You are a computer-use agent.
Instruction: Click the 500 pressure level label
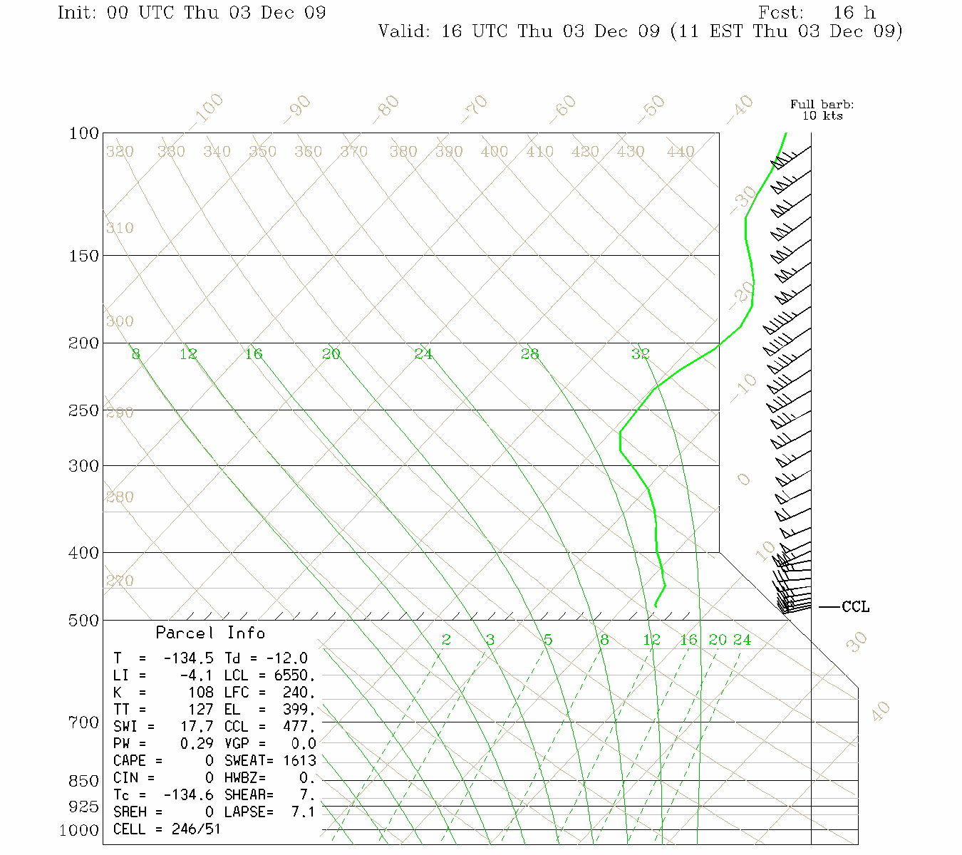pyautogui.click(x=83, y=621)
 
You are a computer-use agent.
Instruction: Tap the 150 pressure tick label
pyautogui.click(x=83, y=255)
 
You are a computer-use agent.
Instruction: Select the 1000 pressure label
pyautogui.click(x=79, y=831)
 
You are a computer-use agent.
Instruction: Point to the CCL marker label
pyautogui.click(x=855, y=607)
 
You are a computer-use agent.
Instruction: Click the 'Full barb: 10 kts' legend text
pyautogui.click(x=822, y=110)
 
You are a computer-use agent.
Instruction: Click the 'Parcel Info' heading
pyautogui.click(x=210, y=633)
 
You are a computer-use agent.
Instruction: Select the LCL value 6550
pyautogui.click(x=294, y=675)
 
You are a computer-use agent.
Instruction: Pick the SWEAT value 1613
pyautogui.click(x=299, y=761)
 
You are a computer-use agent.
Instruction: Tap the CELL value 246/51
pyautogui.click(x=196, y=829)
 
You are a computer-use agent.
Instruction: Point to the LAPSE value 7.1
pyautogui.click(x=303, y=812)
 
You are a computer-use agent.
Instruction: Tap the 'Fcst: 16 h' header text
pyautogui.click(x=817, y=13)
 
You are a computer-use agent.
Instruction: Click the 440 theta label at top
pyautogui.click(x=680, y=152)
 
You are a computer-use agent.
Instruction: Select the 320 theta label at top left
pyautogui.click(x=120, y=152)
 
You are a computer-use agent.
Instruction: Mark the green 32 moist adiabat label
pyautogui.click(x=640, y=354)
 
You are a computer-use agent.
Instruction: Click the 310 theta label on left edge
pyautogui.click(x=120, y=228)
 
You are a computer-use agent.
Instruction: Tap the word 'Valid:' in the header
pyautogui.click(x=403, y=31)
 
